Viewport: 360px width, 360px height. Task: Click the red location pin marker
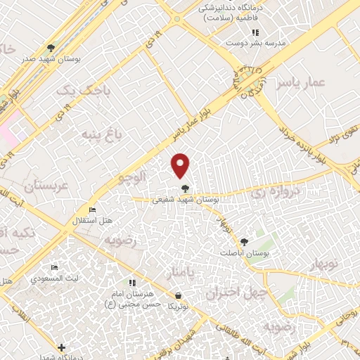click(x=181, y=165)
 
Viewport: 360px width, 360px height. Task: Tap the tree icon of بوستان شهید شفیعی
click(x=185, y=188)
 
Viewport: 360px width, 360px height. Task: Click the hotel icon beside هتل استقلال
click(x=91, y=210)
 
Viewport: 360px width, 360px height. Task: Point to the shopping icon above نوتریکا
click(x=178, y=296)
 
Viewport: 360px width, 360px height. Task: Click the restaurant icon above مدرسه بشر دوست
click(x=255, y=32)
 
